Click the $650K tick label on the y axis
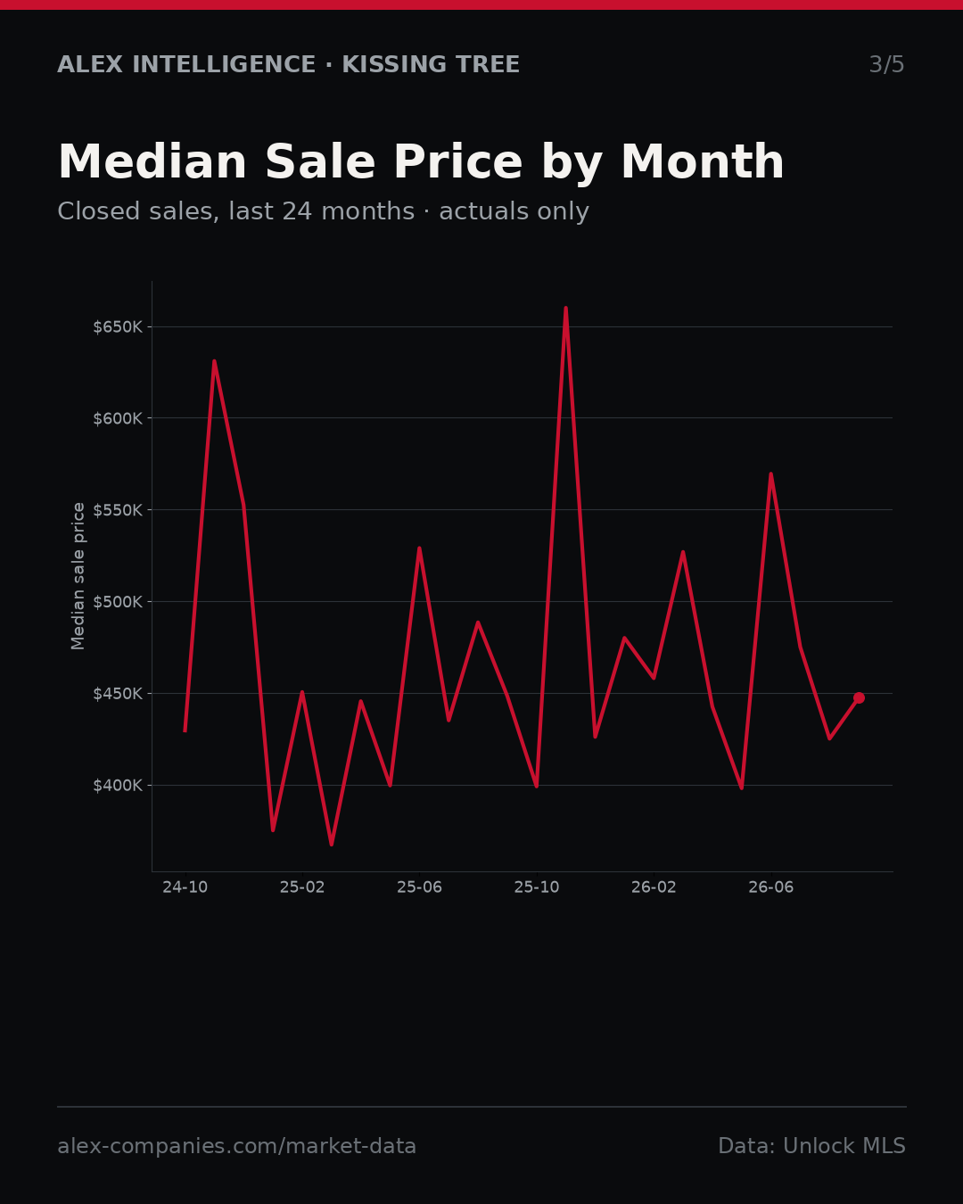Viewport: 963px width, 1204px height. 118,326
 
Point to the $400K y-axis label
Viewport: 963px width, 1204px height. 118,786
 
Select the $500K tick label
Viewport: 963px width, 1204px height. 118,602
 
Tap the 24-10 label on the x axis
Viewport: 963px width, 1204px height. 185,887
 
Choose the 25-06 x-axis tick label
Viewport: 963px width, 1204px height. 420,887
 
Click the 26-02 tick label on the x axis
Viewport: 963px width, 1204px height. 654,887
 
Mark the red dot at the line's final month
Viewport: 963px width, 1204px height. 859,697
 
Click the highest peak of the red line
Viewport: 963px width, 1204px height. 565,308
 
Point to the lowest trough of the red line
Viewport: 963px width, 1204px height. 332,844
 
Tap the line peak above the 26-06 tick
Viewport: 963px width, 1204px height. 771,474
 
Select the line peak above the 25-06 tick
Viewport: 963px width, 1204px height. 419,548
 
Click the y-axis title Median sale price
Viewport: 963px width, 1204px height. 78,576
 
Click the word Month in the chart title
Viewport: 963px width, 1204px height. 703,161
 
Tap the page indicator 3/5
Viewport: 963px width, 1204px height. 887,64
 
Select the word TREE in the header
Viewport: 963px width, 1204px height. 487,64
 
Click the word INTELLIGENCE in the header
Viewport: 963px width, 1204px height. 224,64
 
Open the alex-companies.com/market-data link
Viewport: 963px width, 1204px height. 236,1146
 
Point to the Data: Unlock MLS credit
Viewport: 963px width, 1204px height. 812,1146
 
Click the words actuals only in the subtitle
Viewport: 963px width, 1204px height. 514,211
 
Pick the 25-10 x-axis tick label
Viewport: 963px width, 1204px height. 537,887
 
